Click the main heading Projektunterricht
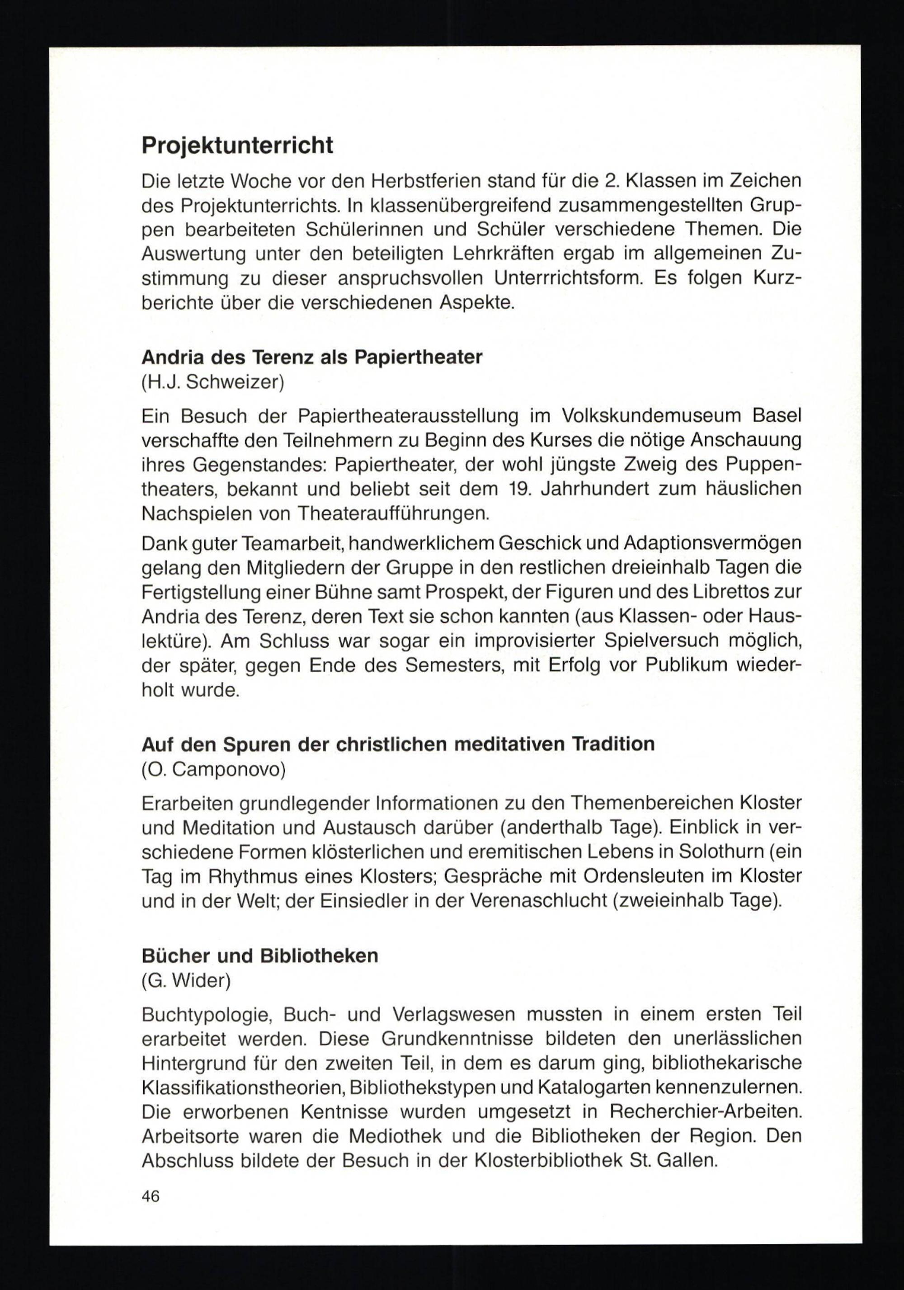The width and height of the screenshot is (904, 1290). pyautogui.click(x=237, y=146)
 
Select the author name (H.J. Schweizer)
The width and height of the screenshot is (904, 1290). pyautogui.click(x=213, y=383)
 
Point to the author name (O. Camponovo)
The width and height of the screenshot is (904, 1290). pyautogui.click(x=213, y=770)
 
